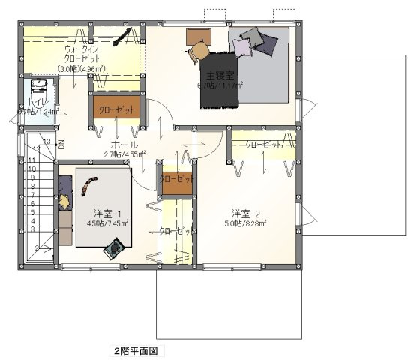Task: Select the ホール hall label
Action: coord(124,144)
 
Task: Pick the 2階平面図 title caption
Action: coord(134,350)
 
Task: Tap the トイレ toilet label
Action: coord(34,101)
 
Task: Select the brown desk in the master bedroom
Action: coord(199,35)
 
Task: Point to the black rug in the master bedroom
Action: coord(218,79)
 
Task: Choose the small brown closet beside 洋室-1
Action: coord(175,180)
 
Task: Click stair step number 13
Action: coord(46,141)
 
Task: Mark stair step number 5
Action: coord(33,212)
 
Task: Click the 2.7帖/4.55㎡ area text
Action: coord(124,155)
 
